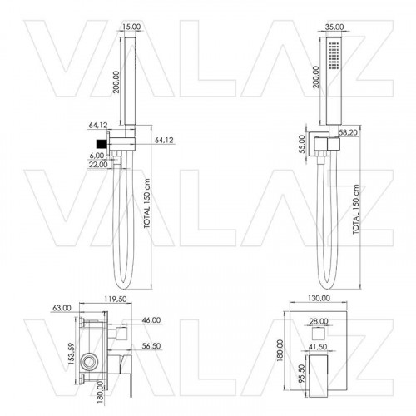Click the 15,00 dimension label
pyautogui.click(x=131, y=27)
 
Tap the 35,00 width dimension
pyautogui.click(x=334, y=27)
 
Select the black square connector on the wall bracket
pyautogui.click(x=102, y=144)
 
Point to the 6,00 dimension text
pyautogui.click(x=97, y=156)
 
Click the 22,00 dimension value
pyautogui.click(x=98, y=165)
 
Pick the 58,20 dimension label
pyautogui.click(x=349, y=132)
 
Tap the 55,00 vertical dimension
pyautogui.click(x=302, y=144)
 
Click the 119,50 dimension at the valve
pyautogui.click(x=116, y=299)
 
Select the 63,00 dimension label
pyautogui.click(x=62, y=308)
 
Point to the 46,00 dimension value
pyautogui.click(x=151, y=320)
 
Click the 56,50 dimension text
pyautogui.click(x=151, y=346)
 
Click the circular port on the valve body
pyautogui.click(x=90, y=362)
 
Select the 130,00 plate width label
pyautogui.click(x=319, y=298)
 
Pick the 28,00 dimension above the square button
pyautogui.click(x=319, y=321)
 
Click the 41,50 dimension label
pyautogui.click(x=318, y=347)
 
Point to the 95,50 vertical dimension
pyautogui.click(x=302, y=374)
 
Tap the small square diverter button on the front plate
pyautogui.click(x=319, y=334)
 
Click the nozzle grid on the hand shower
pyautogui.click(x=333, y=56)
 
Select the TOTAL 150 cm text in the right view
pyautogui.click(x=356, y=210)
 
